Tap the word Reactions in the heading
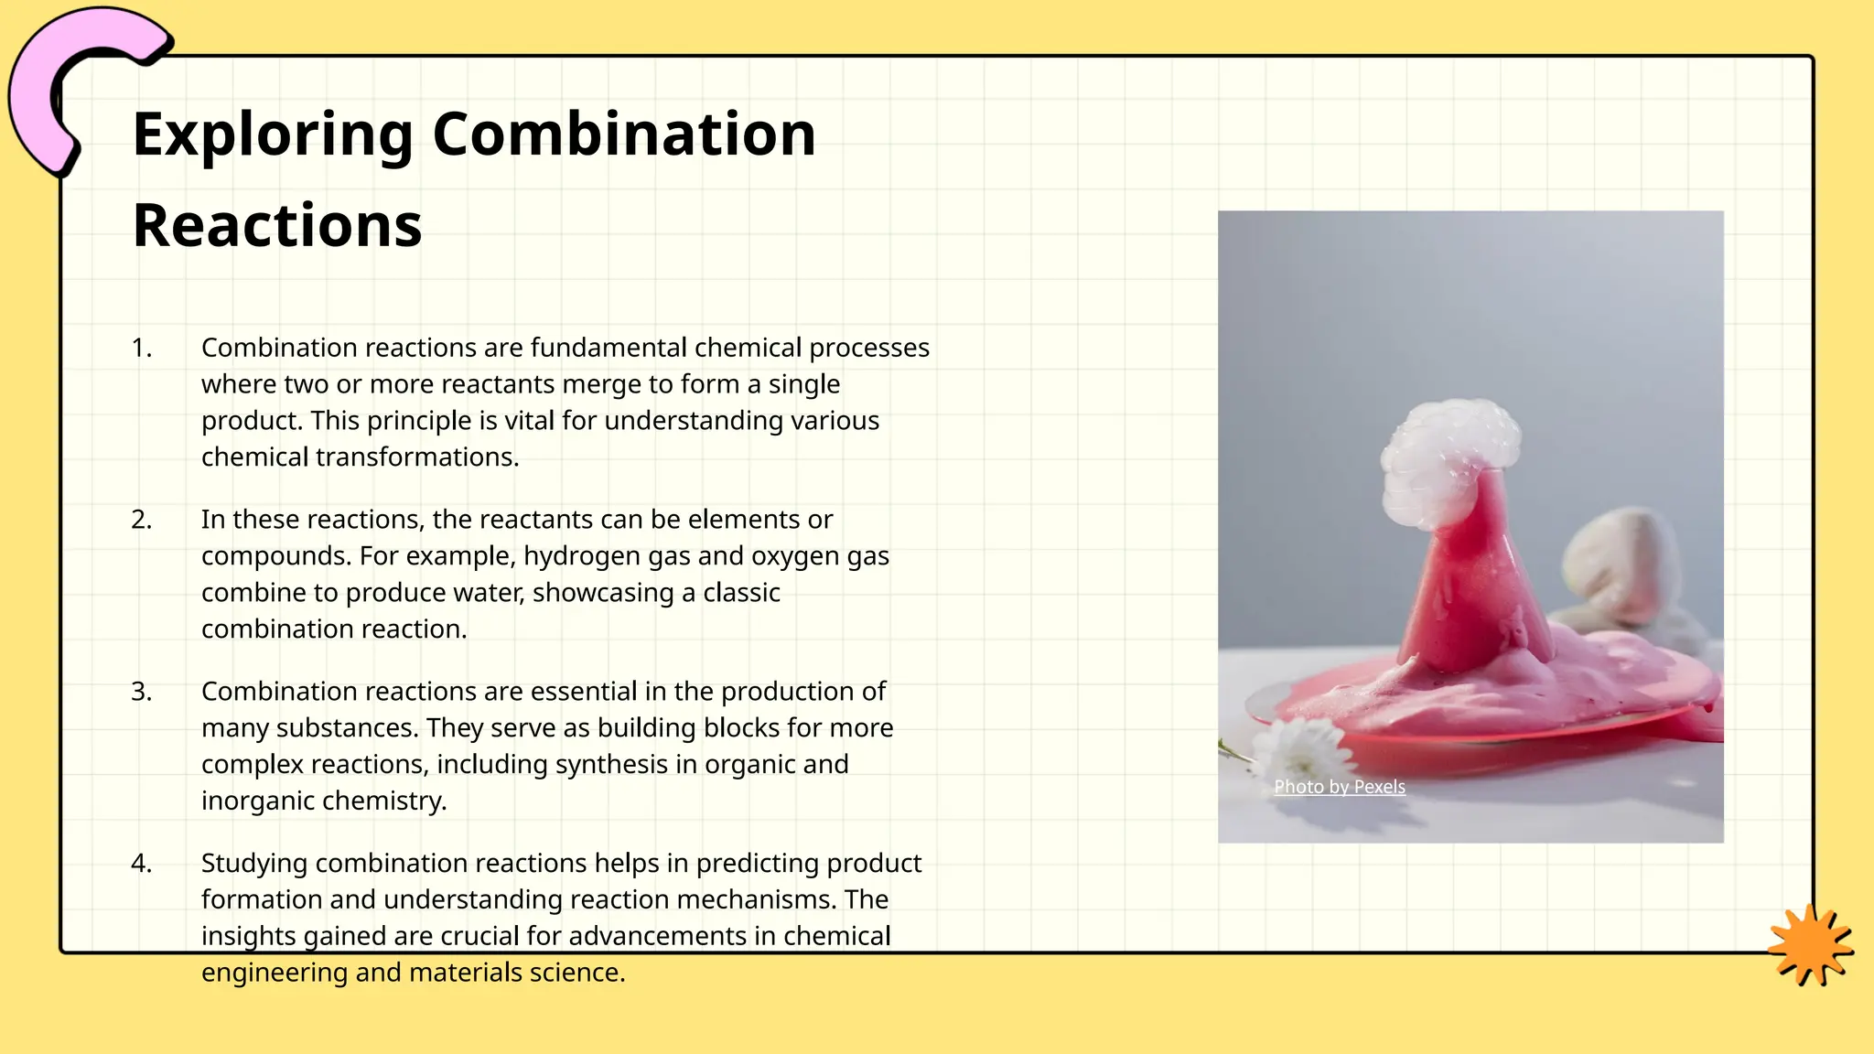[277, 226]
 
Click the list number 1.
[141, 348]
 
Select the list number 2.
[141, 520]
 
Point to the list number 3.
[141, 692]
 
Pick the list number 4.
[141, 864]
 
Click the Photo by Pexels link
[1339, 787]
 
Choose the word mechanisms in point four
[756, 899]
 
